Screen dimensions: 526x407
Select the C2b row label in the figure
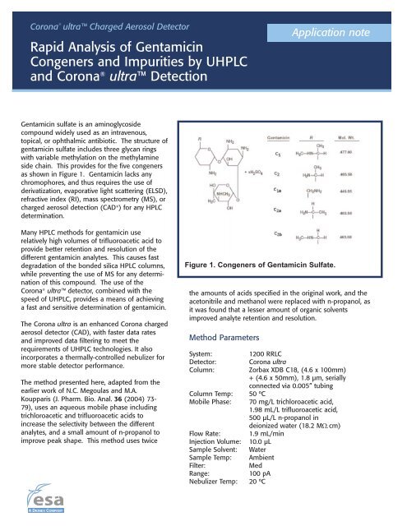tap(276, 234)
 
